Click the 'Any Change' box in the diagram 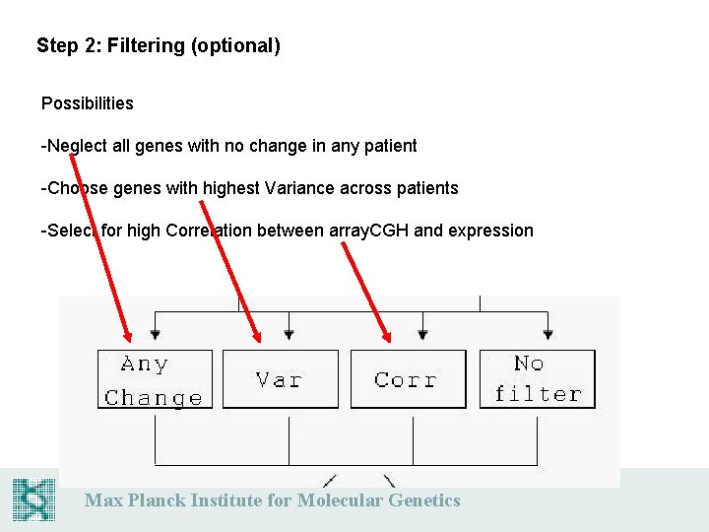pos(155,380)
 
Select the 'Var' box pos(280,379)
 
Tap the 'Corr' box pos(408,379)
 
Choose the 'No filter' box pos(538,379)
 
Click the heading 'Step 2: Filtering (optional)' pos(159,45)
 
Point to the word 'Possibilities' pos(87,103)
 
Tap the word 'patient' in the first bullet pos(389,146)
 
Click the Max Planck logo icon pos(34,499)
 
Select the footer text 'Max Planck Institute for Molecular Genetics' pos(272,500)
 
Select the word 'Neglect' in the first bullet pos(76,146)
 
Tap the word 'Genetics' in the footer pos(423,500)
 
